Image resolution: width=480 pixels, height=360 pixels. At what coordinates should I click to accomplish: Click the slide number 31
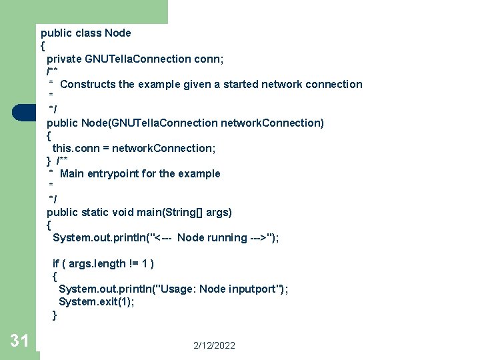(x=19, y=341)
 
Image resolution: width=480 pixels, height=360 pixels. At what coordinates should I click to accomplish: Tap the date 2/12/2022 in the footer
(x=214, y=345)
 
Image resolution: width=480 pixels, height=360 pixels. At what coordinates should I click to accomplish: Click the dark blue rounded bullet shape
(x=24, y=112)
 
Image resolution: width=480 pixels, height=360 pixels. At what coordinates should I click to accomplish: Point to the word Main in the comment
(x=71, y=173)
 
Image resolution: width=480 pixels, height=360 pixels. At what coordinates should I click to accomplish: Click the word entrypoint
(x=114, y=173)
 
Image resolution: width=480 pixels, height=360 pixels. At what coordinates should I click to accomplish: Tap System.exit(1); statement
(x=97, y=301)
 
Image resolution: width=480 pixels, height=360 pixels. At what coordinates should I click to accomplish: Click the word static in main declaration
(x=96, y=212)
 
